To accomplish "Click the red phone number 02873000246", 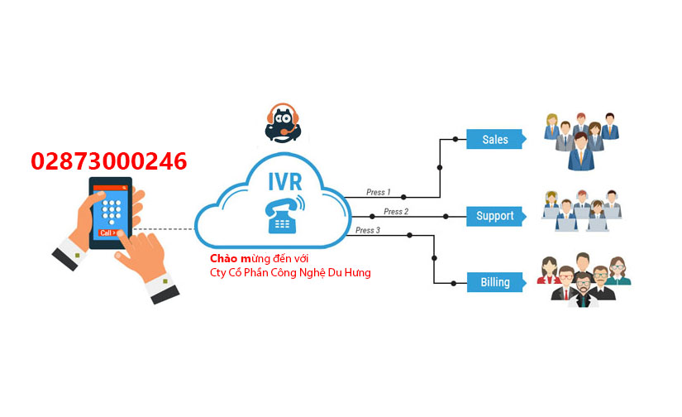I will point(108,161).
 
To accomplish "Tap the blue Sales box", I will point(494,139).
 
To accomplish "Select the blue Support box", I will point(494,216).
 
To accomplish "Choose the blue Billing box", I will point(494,282).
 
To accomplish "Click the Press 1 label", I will point(378,192).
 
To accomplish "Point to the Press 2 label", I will point(396,212).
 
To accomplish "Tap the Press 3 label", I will point(368,230).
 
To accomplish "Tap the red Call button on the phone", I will point(107,233).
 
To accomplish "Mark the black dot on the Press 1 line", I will point(403,198).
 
